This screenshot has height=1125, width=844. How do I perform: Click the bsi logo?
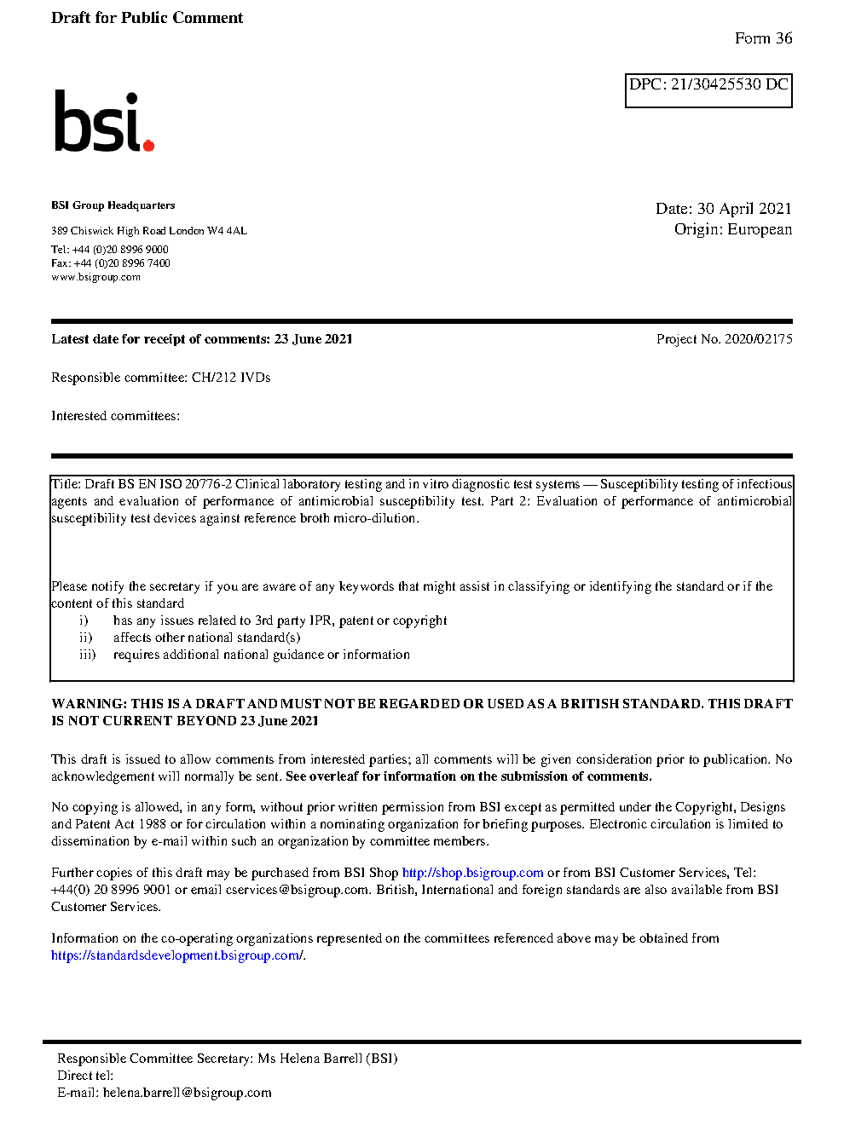pyautogui.click(x=103, y=121)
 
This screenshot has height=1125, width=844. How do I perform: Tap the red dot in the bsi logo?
pyautogui.click(x=149, y=145)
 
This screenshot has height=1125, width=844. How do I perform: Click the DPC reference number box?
pyautogui.click(x=708, y=90)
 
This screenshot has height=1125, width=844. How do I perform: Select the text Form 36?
pyautogui.click(x=763, y=38)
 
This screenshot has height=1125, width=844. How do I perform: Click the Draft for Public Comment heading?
pyautogui.click(x=147, y=18)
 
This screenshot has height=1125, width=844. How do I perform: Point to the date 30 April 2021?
pyautogui.click(x=744, y=209)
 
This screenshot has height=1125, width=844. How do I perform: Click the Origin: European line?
pyautogui.click(x=732, y=229)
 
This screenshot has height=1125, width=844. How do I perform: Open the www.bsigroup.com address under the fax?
pyautogui.click(x=95, y=277)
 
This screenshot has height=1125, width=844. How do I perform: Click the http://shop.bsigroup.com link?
pyautogui.click(x=472, y=873)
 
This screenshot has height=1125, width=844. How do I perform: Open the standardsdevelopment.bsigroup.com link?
pyautogui.click(x=176, y=955)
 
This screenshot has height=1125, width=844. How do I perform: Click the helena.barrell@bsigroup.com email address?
pyautogui.click(x=188, y=1093)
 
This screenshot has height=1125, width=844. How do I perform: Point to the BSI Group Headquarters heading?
pyautogui.click(x=113, y=205)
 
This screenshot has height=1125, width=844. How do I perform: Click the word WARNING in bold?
pyautogui.click(x=89, y=704)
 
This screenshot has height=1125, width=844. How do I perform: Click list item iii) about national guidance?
pyautogui.click(x=261, y=655)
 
